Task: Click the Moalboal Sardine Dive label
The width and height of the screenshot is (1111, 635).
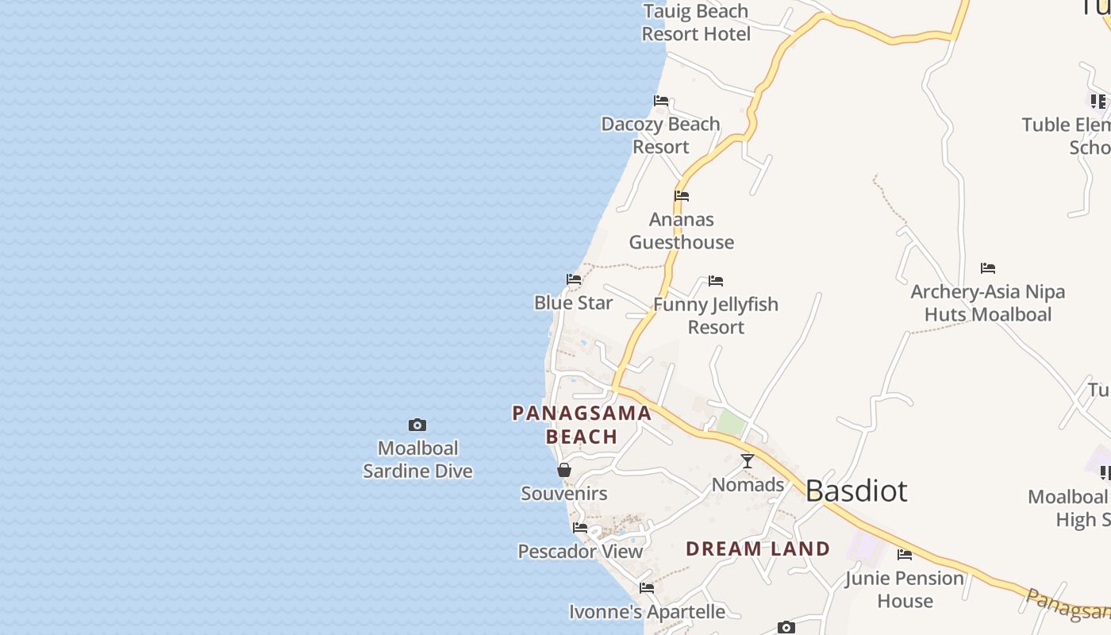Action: pyautogui.click(x=417, y=460)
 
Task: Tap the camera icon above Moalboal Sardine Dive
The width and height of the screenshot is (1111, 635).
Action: pyautogui.click(x=417, y=425)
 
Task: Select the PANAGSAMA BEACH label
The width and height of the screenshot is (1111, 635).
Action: pyautogui.click(x=582, y=425)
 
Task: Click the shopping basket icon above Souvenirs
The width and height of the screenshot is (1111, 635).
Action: pyautogui.click(x=564, y=470)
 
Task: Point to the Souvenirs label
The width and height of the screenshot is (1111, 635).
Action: pyautogui.click(x=564, y=494)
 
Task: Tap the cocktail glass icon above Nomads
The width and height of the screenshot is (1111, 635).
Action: pyautogui.click(x=748, y=461)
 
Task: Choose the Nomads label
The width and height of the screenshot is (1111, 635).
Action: pyautogui.click(x=748, y=485)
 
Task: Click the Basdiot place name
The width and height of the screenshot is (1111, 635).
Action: pyautogui.click(x=856, y=491)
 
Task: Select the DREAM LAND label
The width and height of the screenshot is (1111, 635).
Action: pyautogui.click(x=758, y=548)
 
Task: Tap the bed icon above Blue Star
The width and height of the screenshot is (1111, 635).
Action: pyautogui.click(x=574, y=279)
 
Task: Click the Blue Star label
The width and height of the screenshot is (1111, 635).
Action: pyautogui.click(x=574, y=303)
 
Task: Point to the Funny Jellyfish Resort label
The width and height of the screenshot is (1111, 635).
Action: pyautogui.click(x=716, y=316)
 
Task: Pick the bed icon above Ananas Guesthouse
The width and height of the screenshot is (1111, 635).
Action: pyautogui.click(x=682, y=196)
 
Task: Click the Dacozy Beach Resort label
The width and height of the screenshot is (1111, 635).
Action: pyautogui.click(x=661, y=136)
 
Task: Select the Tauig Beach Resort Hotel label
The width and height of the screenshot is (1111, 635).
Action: pyautogui.click(x=696, y=23)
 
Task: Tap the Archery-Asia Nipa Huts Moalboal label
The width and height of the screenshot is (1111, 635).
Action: pyautogui.click(x=988, y=303)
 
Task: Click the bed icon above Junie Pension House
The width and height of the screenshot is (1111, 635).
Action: pyautogui.click(x=905, y=555)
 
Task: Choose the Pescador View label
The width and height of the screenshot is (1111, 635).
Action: pyautogui.click(x=580, y=552)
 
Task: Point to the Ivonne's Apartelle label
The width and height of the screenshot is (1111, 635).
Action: pyautogui.click(x=647, y=612)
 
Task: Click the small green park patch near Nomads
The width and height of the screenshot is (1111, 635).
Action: pyautogui.click(x=731, y=423)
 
